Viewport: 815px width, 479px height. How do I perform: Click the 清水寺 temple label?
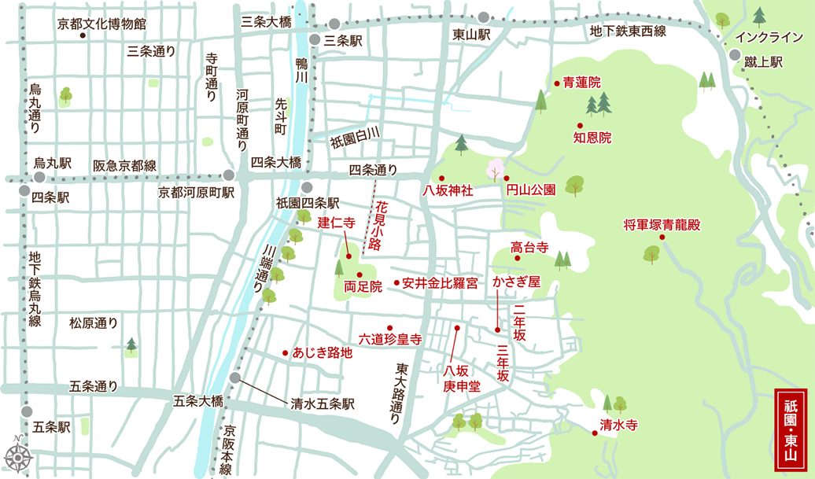tap(618, 425)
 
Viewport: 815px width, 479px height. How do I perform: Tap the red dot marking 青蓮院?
tap(556, 82)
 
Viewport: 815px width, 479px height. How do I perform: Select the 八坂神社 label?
tap(447, 190)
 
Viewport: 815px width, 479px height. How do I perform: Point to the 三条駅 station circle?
tap(314, 39)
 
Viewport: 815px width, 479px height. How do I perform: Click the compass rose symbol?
tap(17, 455)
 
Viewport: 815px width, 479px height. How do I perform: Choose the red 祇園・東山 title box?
tap(791, 429)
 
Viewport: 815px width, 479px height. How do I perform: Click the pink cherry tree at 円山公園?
tap(495, 168)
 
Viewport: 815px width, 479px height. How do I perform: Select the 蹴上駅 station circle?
tap(734, 55)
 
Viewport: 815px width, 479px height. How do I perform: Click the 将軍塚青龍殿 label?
tap(661, 225)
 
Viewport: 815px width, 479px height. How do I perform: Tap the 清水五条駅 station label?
tap(322, 403)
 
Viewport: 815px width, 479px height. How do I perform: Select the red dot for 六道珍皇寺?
tap(389, 327)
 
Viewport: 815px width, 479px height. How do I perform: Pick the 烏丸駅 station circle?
tap(39, 178)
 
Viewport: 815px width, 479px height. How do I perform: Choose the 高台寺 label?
tap(529, 247)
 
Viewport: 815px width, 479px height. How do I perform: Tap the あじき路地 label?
tap(322, 353)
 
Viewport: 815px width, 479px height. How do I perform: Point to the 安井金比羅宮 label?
tap(440, 283)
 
